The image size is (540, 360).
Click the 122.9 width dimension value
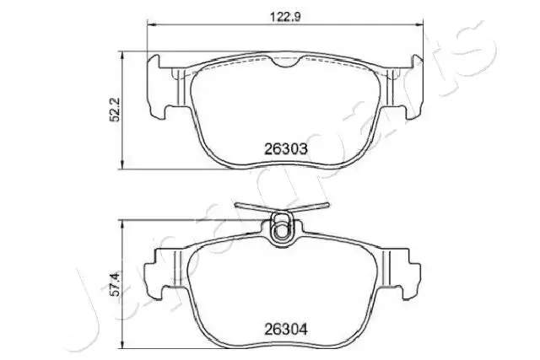tap(285, 17)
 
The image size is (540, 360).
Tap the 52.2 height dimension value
tap(114, 110)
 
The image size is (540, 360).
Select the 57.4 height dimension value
tap(116, 284)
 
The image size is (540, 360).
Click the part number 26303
tap(285, 149)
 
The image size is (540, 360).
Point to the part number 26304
tap(285, 330)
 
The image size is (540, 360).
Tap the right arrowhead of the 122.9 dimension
tap(418, 24)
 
